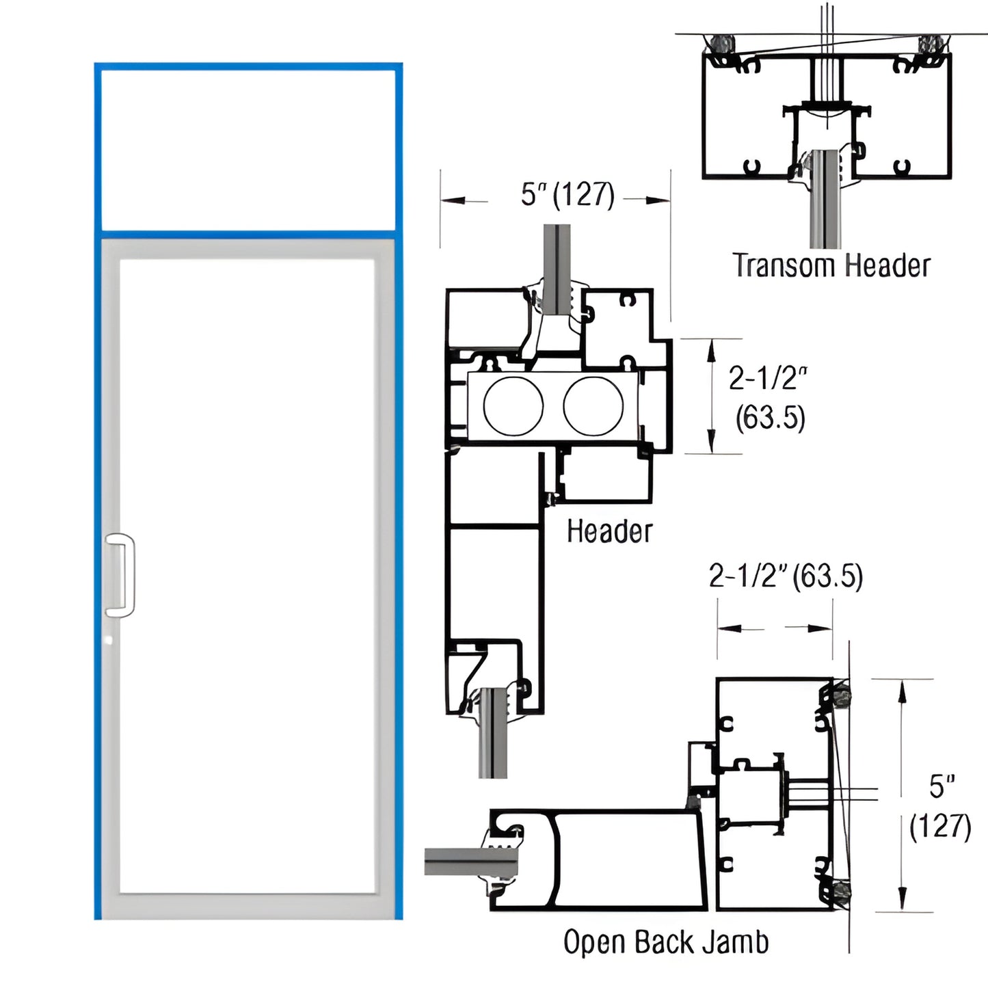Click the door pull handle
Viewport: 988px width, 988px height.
[x=120, y=575]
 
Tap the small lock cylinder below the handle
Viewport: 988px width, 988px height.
[x=109, y=641]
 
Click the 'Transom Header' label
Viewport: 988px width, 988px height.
[x=831, y=265]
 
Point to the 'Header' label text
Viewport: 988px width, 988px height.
[x=609, y=531]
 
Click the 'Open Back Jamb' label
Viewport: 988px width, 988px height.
[x=665, y=942]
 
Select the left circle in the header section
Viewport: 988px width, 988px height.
[x=513, y=405]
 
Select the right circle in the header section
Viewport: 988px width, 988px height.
[x=593, y=405]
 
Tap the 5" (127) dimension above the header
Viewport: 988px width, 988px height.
[x=568, y=194]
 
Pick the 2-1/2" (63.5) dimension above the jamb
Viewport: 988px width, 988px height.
[x=786, y=576]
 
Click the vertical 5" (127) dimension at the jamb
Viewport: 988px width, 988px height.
[x=941, y=807]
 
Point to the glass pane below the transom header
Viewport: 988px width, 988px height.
[x=824, y=205]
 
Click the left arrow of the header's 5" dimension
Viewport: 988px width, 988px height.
[x=453, y=200]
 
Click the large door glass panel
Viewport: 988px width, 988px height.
[x=248, y=574]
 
